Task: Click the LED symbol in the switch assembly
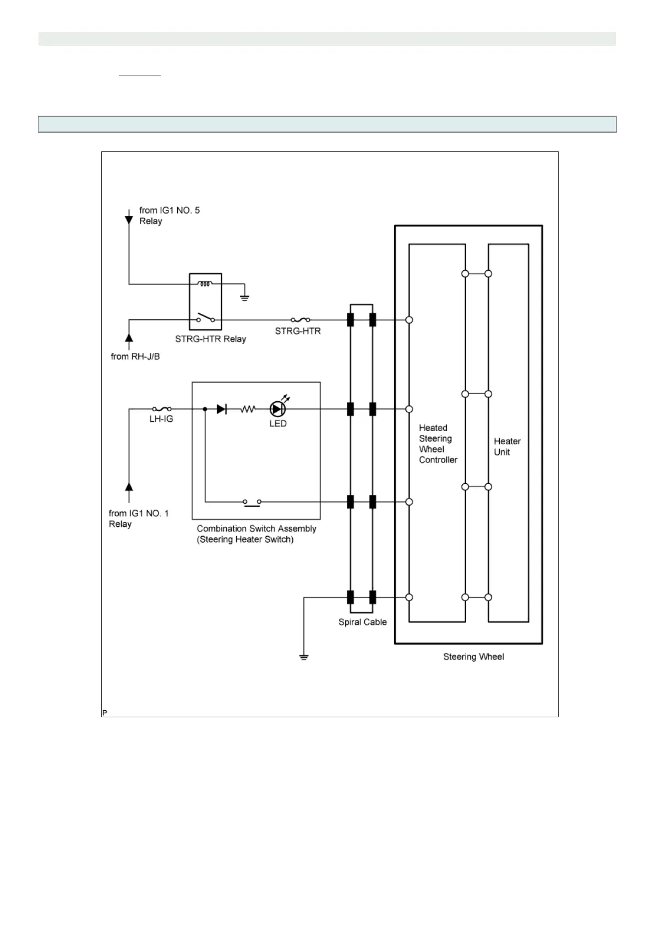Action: (277, 409)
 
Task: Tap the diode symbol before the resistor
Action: (221, 409)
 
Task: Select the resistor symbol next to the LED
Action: (248, 409)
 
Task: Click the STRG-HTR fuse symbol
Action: (300, 319)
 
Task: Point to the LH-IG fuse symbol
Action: (162, 409)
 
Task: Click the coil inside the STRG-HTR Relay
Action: (205, 284)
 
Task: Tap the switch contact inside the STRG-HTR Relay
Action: (205, 318)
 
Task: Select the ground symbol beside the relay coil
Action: (244, 297)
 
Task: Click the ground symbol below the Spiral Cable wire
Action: (303, 656)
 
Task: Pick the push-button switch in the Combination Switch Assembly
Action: (252, 501)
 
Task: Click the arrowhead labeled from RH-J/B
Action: (129, 337)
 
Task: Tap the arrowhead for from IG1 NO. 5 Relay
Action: (129, 220)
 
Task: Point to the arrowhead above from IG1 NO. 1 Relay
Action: (129, 486)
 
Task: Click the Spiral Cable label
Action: (362, 622)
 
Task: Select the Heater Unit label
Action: (507, 446)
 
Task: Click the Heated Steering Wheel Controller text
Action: (438, 444)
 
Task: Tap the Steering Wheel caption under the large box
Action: (473, 657)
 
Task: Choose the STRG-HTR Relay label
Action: (210, 339)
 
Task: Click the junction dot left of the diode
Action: (205, 409)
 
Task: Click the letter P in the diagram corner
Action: (105, 712)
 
